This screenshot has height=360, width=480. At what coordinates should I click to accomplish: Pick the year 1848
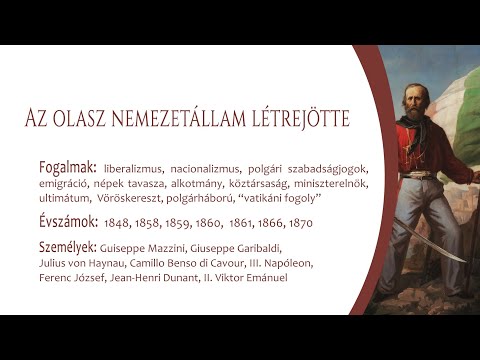tap(118, 222)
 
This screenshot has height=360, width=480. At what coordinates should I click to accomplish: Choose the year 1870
tap(299, 222)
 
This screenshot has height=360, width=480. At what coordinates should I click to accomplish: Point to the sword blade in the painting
tap(430, 240)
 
